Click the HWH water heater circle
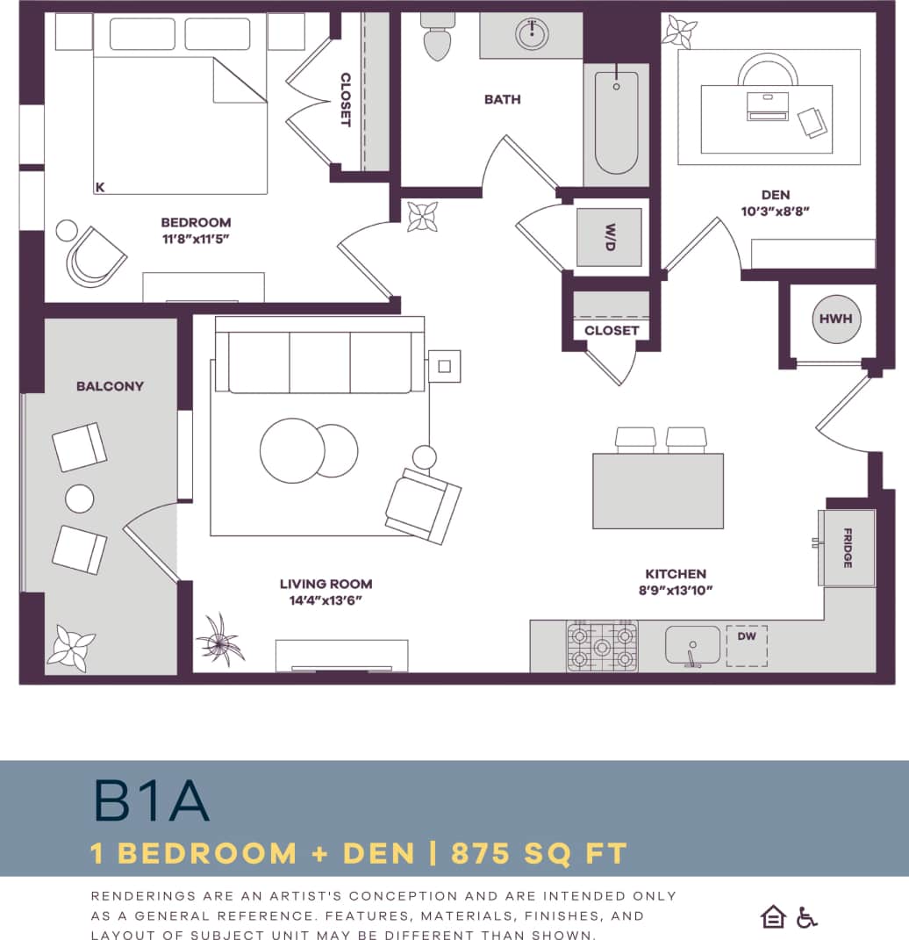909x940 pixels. (835, 319)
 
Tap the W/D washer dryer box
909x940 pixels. (609, 237)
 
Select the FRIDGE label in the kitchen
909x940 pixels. (848, 548)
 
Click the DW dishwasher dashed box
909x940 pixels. (747, 645)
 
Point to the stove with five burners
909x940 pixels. (602, 647)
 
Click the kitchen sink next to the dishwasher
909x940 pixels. (692, 645)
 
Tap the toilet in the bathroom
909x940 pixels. (436, 38)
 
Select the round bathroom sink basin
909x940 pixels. (531, 34)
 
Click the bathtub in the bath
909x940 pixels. (616, 123)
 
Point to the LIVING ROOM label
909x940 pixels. (326, 584)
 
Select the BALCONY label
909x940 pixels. (110, 386)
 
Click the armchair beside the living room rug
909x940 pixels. (423, 506)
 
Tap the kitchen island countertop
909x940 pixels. (657, 491)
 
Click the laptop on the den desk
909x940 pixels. (768, 106)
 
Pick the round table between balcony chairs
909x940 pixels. (80, 499)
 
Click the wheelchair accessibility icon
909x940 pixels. (806, 918)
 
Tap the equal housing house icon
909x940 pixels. (773, 918)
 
